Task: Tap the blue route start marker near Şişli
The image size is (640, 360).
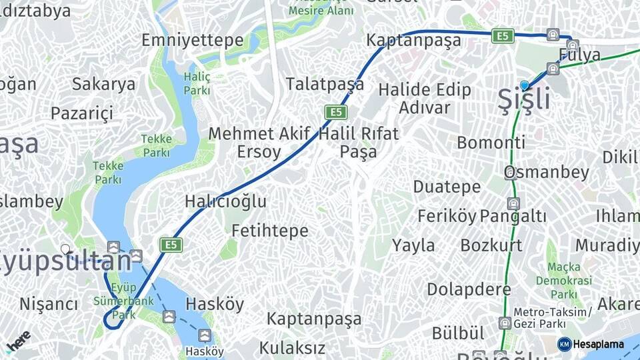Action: point(525,85)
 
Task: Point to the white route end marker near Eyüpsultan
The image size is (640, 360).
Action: point(65,249)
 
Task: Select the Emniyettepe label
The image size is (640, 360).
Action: point(192,40)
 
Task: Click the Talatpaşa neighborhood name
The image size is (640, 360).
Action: point(325,84)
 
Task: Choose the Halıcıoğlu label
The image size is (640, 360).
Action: point(225,201)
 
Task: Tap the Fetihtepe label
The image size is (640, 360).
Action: point(269,231)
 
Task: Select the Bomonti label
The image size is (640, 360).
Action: point(491,142)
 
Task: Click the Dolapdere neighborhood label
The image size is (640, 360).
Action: point(469,289)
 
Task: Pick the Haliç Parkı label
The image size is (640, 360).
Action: point(197,83)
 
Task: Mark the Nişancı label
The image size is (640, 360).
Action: point(49,304)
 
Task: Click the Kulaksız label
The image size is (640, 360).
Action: point(292,347)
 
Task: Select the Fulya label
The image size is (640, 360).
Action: point(580,55)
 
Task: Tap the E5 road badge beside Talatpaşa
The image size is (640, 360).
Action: point(335,111)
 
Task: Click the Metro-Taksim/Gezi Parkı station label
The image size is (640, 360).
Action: point(552,318)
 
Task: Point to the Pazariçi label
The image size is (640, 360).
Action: point(82,113)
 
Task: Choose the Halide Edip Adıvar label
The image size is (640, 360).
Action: point(425,98)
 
